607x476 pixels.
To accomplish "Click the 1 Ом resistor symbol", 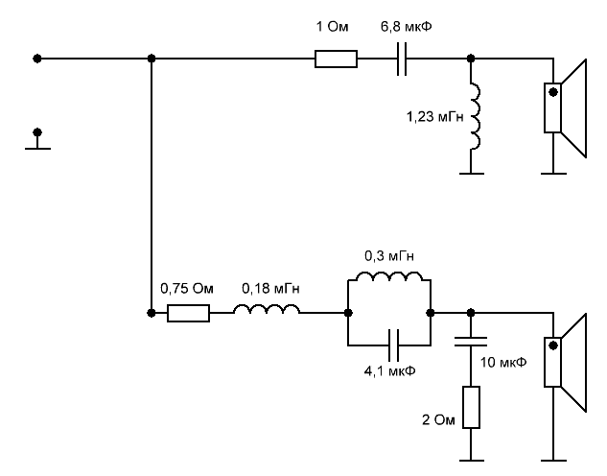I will point(337,59).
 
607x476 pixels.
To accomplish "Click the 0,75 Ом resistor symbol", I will point(189,313).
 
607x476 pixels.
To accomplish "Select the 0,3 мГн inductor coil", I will point(388,278).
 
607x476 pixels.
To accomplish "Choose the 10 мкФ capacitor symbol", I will point(472,342).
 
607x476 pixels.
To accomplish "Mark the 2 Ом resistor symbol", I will point(472,408).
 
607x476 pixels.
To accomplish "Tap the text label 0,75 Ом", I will point(185,288).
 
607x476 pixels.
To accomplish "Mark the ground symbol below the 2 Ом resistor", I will point(472,456).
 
